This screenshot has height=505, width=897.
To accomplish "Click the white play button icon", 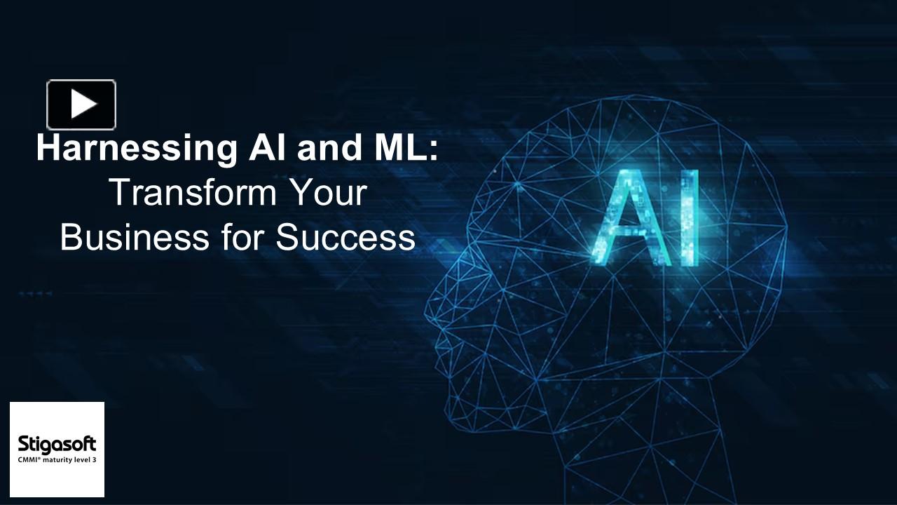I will (x=81, y=105).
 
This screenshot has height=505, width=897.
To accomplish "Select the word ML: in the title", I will (x=399, y=149).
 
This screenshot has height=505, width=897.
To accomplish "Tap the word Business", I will (x=134, y=238).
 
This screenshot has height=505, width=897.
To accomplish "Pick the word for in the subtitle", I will (x=242, y=238).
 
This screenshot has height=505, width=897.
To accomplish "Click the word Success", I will (x=345, y=238).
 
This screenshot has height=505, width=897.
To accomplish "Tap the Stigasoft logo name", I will (x=57, y=444).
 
